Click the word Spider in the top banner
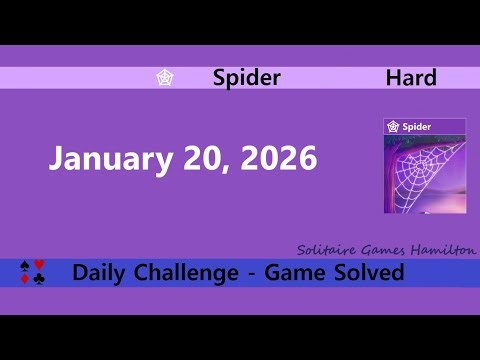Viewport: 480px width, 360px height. [246, 78]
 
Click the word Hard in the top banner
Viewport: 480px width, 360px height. [411, 78]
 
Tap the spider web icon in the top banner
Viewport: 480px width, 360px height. [165, 78]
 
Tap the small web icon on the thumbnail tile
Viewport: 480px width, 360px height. [394, 127]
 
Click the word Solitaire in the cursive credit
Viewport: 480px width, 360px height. [325, 250]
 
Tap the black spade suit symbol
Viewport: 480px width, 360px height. [26, 266]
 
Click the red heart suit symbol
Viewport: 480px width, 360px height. [39, 265]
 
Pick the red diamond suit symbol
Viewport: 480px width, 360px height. [26, 280]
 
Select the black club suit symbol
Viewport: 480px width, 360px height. [39, 280]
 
